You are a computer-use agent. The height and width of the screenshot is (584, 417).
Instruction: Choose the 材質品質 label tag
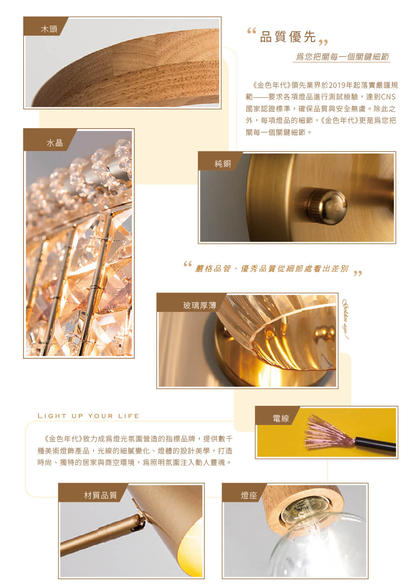(x=93, y=493)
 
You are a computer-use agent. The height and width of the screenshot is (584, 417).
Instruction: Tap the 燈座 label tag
(x=244, y=493)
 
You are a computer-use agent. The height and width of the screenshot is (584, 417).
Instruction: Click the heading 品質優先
(x=288, y=36)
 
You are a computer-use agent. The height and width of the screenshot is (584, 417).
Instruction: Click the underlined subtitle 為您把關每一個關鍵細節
(x=342, y=56)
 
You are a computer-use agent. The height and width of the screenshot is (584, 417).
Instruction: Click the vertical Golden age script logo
(x=345, y=319)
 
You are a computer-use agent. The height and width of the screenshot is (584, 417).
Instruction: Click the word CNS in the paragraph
(x=388, y=97)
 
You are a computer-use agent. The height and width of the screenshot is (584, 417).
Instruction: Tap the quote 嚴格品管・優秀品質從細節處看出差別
(x=272, y=268)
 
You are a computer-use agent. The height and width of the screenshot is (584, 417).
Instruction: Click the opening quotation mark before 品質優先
(x=252, y=31)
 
